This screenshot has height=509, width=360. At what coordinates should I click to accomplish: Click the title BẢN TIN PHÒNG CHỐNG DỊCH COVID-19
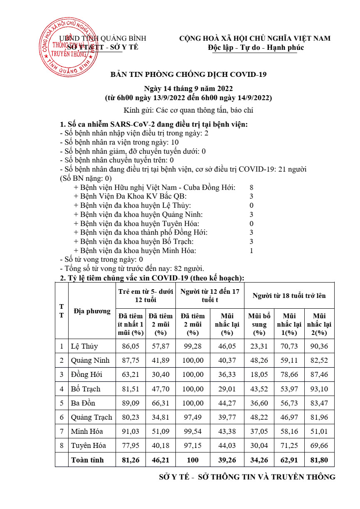(188, 75)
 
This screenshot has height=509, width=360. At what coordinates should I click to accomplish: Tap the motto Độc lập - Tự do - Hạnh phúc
(256, 47)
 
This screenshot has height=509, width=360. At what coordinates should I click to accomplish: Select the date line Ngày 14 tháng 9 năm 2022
(188, 89)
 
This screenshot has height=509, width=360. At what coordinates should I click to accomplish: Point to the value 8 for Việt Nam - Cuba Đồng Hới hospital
(252, 187)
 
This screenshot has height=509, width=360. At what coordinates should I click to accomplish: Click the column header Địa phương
(92, 311)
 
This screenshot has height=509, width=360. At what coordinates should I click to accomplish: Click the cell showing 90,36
(319, 346)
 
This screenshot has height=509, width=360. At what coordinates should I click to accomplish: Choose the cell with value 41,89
(160, 360)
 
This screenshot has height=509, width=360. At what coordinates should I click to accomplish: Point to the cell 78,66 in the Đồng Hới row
(289, 374)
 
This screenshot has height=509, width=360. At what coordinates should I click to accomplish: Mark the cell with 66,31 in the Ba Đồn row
(160, 403)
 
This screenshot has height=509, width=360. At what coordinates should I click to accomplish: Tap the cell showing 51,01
(319, 431)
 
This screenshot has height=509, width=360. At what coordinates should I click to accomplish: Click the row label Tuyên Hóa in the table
(88, 445)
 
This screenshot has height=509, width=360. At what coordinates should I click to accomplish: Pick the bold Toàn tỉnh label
(87, 460)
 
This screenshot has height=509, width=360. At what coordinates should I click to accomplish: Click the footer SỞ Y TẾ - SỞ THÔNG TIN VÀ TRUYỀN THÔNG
(247, 477)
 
